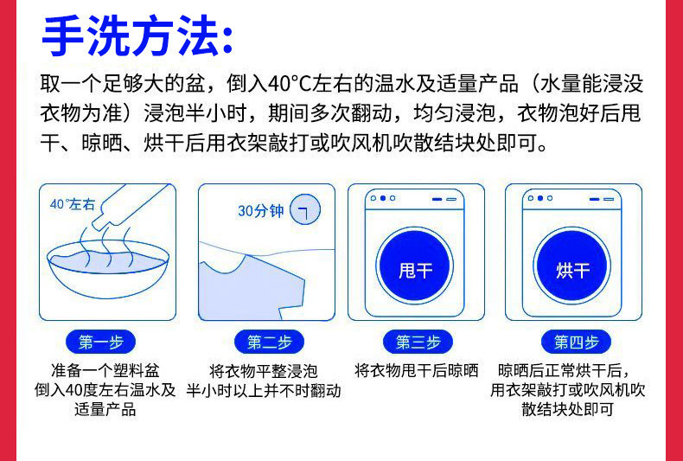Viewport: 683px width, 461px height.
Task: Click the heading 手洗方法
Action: pyautogui.click(x=137, y=36)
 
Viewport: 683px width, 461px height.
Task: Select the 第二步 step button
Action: pyautogui.click(x=269, y=342)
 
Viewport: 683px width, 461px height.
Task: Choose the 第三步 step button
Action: pyautogui.click(x=418, y=342)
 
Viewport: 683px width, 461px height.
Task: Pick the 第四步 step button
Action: pyautogui.click(x=576, y=342)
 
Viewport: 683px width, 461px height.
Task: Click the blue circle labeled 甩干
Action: pyautogui.click(x=416, y=269)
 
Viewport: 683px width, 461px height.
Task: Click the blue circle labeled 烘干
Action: pyautogui.click(x=572, y=269)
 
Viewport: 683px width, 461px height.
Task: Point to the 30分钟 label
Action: pyautogui.click(x=260, y=211)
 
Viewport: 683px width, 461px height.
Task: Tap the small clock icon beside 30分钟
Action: pyautogui.click(x=304, y=210)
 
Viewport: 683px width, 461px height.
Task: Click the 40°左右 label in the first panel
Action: pyautogui.click(x=73, y=204)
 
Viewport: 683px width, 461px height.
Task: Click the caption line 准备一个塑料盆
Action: pyautogui.click(x=105, y=370)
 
